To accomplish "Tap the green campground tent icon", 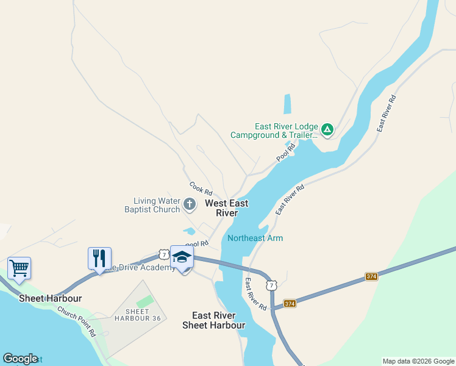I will point(327,129).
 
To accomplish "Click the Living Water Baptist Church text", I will point(157,205).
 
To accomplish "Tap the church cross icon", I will point(190,204).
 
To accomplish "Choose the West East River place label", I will point(224,208).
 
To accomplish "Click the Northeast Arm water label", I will point(255,238).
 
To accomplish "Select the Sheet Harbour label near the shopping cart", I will point(50,298).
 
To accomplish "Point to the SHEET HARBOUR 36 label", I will point(139,315).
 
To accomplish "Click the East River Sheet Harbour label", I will point(214,320).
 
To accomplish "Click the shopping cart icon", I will point(19,268).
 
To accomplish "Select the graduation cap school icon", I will point(182,257).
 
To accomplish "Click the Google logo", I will point(20,359).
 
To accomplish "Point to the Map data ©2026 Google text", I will point(419,361).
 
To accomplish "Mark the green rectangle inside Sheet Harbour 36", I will point(144,301).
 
